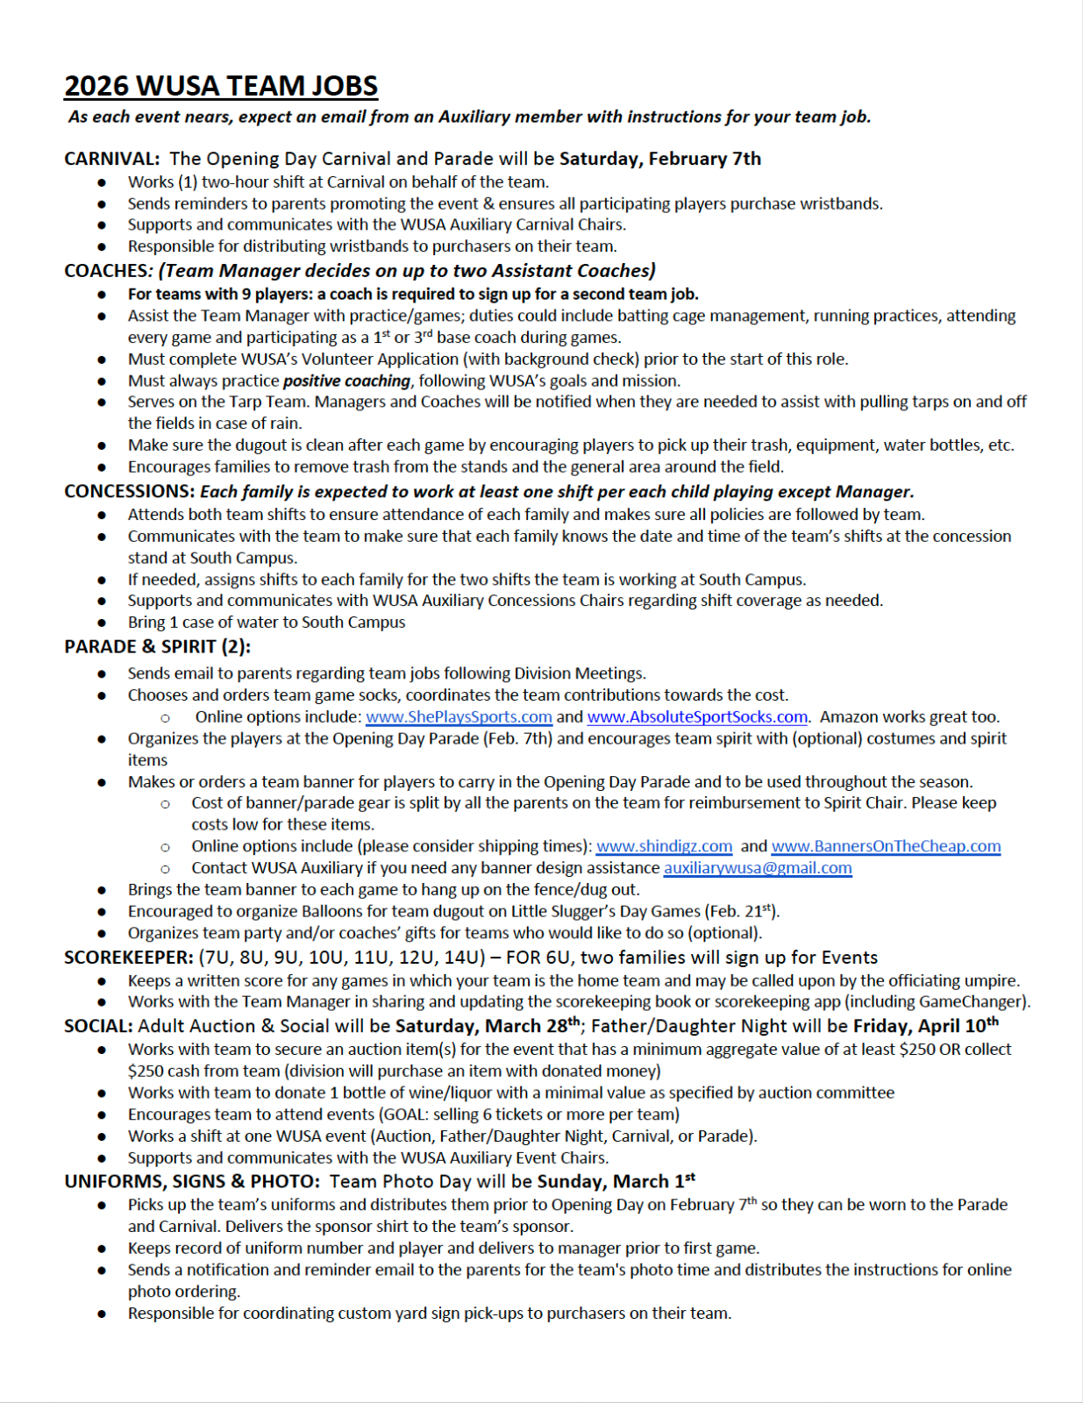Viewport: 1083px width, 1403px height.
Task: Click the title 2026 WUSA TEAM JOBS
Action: tap(221, 86)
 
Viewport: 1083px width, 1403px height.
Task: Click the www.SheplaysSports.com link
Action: tap(459, 716)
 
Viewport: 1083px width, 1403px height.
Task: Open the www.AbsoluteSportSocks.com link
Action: tap(697, 716)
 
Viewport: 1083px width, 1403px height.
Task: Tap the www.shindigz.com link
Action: tap(664, 846)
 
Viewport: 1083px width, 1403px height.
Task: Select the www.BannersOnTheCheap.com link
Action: tap(886, 846)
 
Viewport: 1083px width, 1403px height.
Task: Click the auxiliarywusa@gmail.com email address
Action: tap(758, 868)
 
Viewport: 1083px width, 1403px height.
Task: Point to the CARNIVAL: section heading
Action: tap(111, 159)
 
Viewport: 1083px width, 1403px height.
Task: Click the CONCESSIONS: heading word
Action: tap(129, 491)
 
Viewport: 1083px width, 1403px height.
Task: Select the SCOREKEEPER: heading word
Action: tap(128, 958)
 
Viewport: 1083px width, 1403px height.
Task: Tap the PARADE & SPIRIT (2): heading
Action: tap(157, 646)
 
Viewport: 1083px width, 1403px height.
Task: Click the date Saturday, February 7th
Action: tap(660, 159)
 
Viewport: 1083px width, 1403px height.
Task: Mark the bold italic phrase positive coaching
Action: tap(346, 381)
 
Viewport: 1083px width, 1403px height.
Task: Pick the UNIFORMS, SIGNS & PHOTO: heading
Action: tap(191, 1181)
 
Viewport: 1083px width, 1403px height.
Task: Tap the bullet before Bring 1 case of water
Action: tap(103, 623)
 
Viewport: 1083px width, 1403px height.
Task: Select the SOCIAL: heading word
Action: tap(98, 1026)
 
